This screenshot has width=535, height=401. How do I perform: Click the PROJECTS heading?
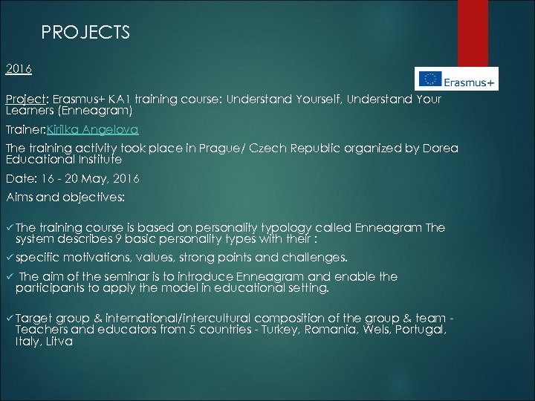85,33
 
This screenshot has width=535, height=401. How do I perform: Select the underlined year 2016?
19,69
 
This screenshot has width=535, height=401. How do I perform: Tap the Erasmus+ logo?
456,78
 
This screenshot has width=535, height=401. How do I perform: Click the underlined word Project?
26,100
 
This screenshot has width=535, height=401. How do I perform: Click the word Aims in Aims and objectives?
22,198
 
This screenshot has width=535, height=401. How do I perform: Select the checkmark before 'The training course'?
9,228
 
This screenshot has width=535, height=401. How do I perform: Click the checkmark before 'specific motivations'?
9,258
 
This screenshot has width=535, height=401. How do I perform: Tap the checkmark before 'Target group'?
9,318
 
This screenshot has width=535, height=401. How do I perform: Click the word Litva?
56,342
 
